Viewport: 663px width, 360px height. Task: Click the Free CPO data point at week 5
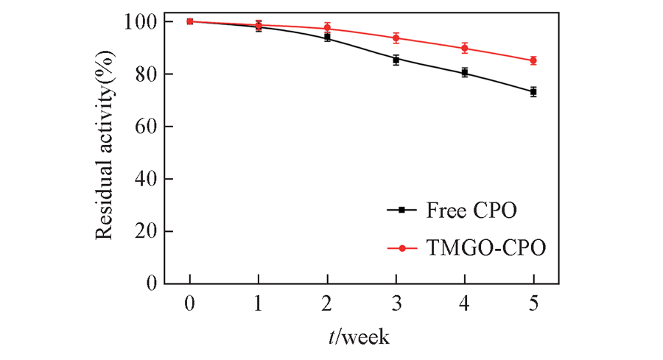tap(533, 92)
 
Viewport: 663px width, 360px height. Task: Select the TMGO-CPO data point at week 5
tap(533, 60)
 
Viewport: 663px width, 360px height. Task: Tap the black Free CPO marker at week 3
tap(396, 60)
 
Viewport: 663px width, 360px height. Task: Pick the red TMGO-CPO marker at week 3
tap(396, 38)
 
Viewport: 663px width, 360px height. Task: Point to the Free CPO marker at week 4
tap(465, 72)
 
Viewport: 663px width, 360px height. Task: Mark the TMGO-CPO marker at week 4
tap(465, 48)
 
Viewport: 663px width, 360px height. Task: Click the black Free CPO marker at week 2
tap(327, 37)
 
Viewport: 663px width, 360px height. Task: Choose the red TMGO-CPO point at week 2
tap(327, 28)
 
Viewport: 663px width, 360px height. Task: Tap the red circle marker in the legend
tap(402, 248)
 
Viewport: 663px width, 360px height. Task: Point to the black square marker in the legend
tap(402, 210)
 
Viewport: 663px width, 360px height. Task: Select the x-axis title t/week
tap(359, 337)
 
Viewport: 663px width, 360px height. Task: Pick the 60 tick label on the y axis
tap(143, 127)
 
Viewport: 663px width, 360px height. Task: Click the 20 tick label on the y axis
tap(143, 231)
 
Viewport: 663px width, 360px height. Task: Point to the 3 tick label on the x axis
tap(396, 304)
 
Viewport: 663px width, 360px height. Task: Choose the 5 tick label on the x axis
tap(533, 304)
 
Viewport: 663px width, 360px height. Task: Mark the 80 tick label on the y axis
tap(143, 74)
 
